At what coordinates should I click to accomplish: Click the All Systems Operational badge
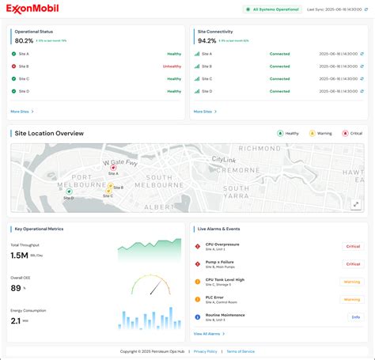tap(271, 9)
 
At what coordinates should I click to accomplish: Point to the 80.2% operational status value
tap(25, 40)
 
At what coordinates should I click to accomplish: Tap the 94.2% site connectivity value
tap(206, 40)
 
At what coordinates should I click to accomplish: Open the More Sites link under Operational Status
tap(22, 112)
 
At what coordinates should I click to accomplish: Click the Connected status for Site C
tap(280, 79)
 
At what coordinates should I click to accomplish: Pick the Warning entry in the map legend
tap(321, 133)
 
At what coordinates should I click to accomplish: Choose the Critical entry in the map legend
tap(352, 133)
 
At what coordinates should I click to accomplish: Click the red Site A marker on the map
tap(113, 167)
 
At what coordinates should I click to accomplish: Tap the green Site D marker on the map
tap(69, 191)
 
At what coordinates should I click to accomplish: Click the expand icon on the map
tap(355, 203)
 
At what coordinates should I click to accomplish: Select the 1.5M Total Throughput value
tap(20, 256)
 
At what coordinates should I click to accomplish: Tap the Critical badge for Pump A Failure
tap(352, 263)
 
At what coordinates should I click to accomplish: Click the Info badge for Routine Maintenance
tap(356, 316)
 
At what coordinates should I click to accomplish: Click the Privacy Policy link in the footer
tap(205, 351)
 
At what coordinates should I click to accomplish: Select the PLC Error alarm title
tap(214, 297)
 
